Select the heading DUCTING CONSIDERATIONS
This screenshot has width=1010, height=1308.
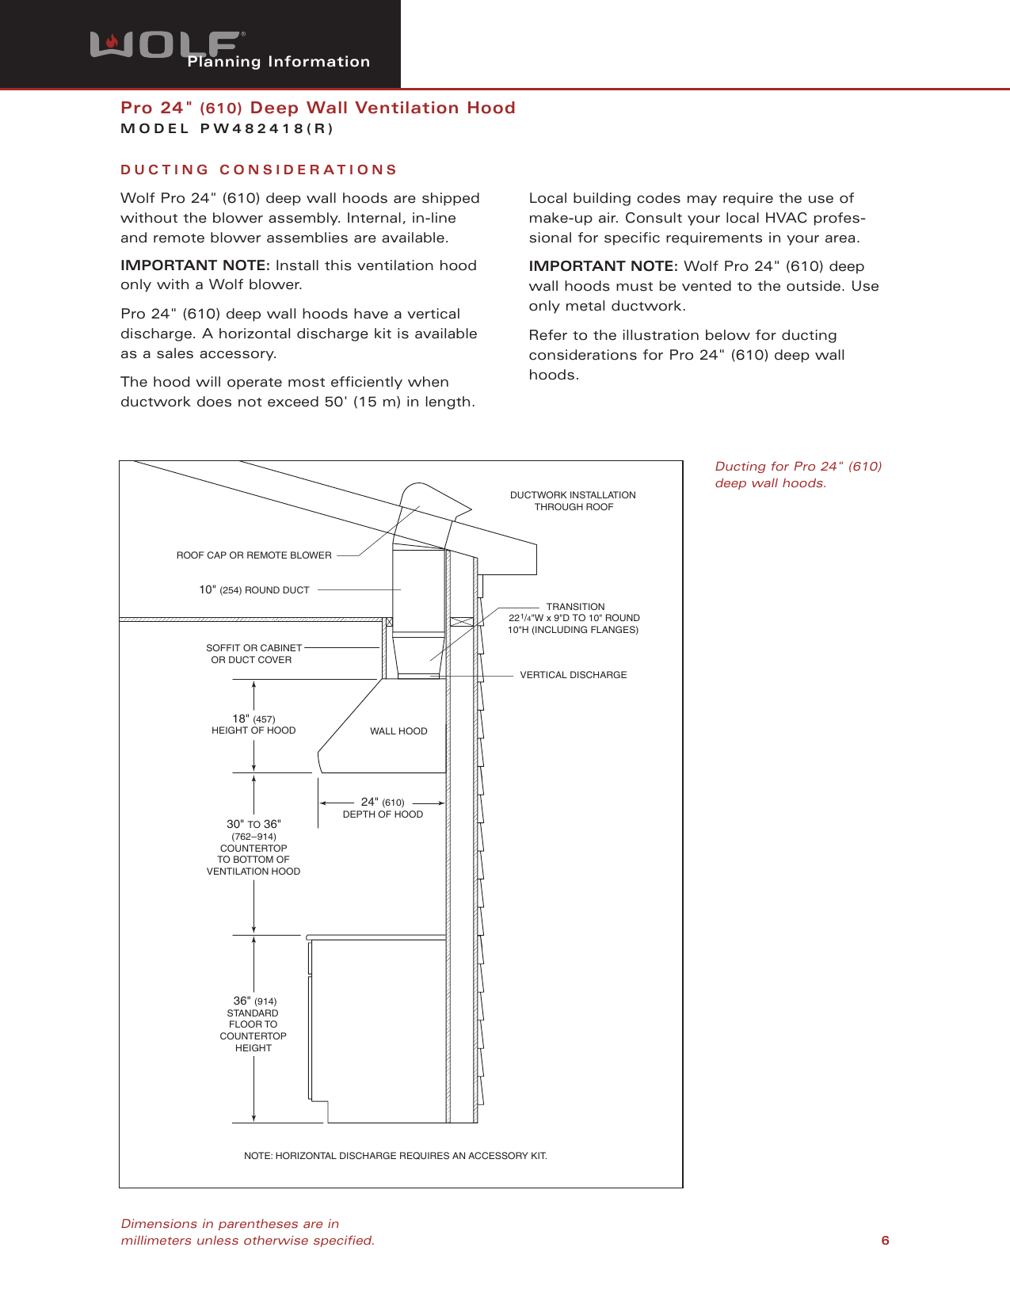pyautogui.click(x=258, y=170)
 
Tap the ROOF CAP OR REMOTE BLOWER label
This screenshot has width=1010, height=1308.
pyautogui.click(x=253, y=555)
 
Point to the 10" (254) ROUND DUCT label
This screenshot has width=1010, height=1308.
pyautogui.click(x=253, y=590)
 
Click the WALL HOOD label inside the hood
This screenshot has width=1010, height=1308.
pyautogui.click(x=398, y=731)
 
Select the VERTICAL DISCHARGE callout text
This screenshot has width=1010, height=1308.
pyautogui.click(x=573, y=675)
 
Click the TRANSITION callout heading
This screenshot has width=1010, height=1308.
pyautogui.click(x=575, y=607)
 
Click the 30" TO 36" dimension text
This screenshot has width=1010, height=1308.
pyautogui.click(x=253, y=825)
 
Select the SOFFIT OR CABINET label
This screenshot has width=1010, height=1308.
pyautogui.click(x=253, y=648)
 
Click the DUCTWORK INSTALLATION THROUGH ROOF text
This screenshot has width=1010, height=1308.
pyautogui.click(x=573, y=501)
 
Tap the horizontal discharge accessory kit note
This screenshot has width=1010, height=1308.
pyautogui.click(x=395, y=1156)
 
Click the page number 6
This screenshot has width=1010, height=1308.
pyautogui.click(x=885, y=1241)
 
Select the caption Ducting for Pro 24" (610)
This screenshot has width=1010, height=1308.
pyautogui.click(x=798, y=467)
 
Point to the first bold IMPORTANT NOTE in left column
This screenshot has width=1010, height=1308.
pyautogui.click(x=195, y=265)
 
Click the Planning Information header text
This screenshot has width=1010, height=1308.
pyautogui.click(x=279, y=62)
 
